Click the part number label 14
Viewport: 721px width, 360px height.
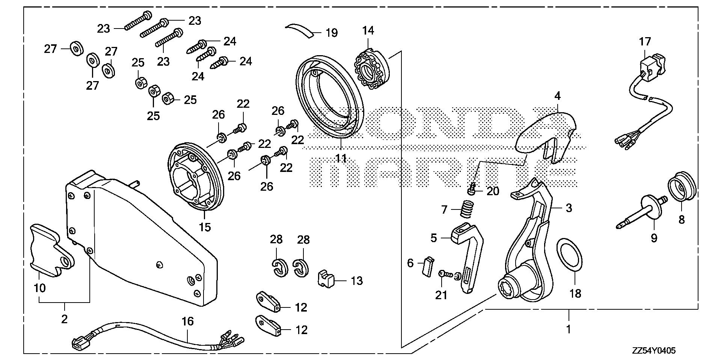pyautogui.click(x=368, y=31)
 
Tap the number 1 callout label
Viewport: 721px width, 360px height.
pyautogui.click(x=569, y=330)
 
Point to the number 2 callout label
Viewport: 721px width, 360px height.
pyautogui.click(x=64, y=319)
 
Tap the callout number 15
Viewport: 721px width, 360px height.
pyautogui.click(x=205, y=227)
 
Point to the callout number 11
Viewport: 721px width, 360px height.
pyautogui.click(x=341, y=158)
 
